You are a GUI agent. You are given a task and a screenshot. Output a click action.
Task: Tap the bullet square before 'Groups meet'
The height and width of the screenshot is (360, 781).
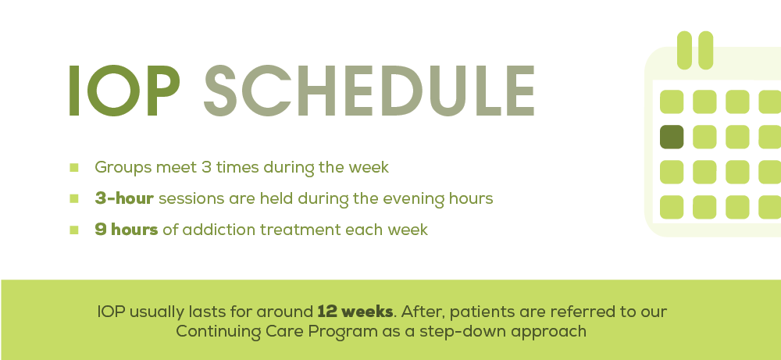tap(74, 167)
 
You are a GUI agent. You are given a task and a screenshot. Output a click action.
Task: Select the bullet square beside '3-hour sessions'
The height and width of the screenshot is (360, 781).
tap(74, 198)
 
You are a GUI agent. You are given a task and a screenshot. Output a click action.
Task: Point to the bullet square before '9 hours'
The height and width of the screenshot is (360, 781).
tap(74, 230)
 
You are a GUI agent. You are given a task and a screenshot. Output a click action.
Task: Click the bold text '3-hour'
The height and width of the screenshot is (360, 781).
tap(125, 198)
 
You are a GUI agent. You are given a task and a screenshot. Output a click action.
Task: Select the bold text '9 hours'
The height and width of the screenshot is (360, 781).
tap(127, 230)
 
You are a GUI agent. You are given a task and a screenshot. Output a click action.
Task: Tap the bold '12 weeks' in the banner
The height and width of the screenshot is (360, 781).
tap(355, 311)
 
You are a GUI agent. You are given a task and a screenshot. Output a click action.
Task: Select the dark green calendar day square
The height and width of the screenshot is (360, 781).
tap(672, 137)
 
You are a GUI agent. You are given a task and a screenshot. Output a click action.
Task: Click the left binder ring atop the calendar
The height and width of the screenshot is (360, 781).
tap(685, 49)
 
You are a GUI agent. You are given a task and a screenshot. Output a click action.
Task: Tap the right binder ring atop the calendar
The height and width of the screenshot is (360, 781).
tap(706, 49)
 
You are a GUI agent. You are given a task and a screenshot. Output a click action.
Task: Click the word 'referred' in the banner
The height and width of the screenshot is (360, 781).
tap(561, 311)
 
